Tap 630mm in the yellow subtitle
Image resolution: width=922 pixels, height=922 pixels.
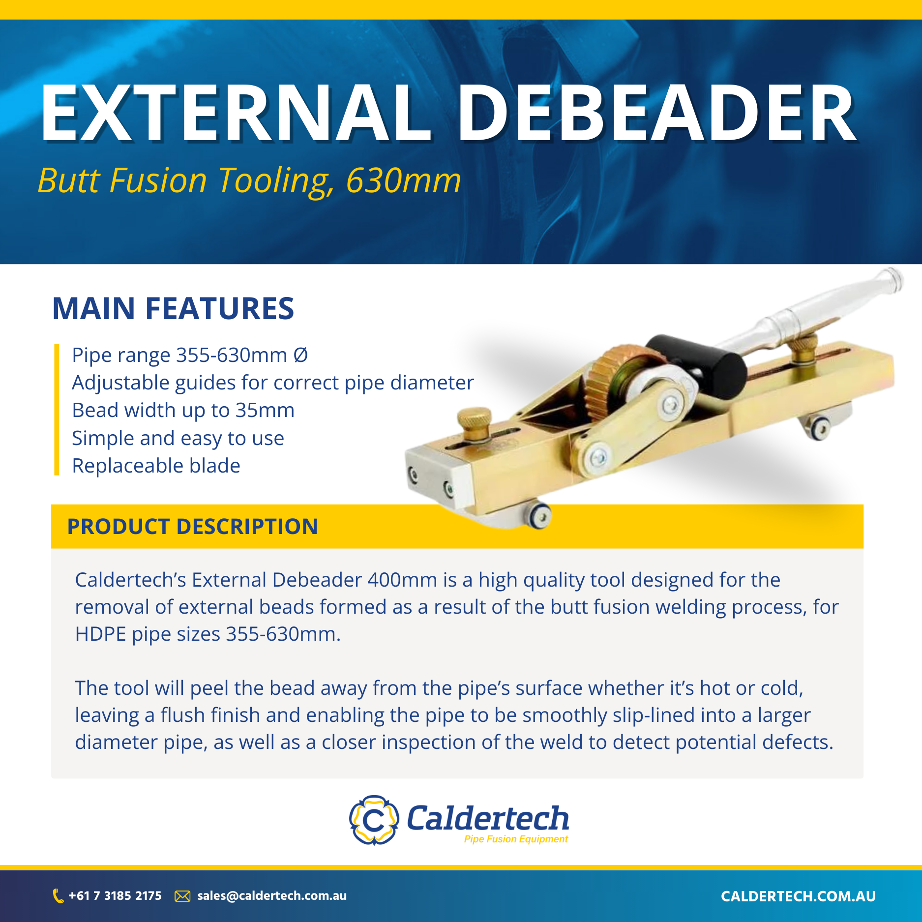click(403, 181)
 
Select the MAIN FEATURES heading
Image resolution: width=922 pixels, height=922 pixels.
click(173, 309)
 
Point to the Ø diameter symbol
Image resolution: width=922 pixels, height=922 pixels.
click(300, 355)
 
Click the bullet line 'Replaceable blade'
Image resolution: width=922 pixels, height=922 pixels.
click(156, 466)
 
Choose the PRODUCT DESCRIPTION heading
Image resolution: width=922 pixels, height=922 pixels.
click(192, 527)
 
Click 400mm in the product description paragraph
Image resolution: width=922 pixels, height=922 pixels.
click(402, 580)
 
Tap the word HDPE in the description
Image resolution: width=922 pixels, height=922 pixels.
click(100, 634)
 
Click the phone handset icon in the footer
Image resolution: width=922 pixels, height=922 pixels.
click(58, 896)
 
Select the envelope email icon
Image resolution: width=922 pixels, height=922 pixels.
click(182, 896)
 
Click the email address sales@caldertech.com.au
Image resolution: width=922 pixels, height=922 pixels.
click(272, 896)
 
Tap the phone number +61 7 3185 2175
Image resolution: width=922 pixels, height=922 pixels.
click(115, 896)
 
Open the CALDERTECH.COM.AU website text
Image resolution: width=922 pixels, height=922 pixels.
click(798, 896)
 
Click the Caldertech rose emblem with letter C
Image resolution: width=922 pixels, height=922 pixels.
click(374, 820)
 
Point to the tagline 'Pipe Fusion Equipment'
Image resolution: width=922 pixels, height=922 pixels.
click(516, 839)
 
